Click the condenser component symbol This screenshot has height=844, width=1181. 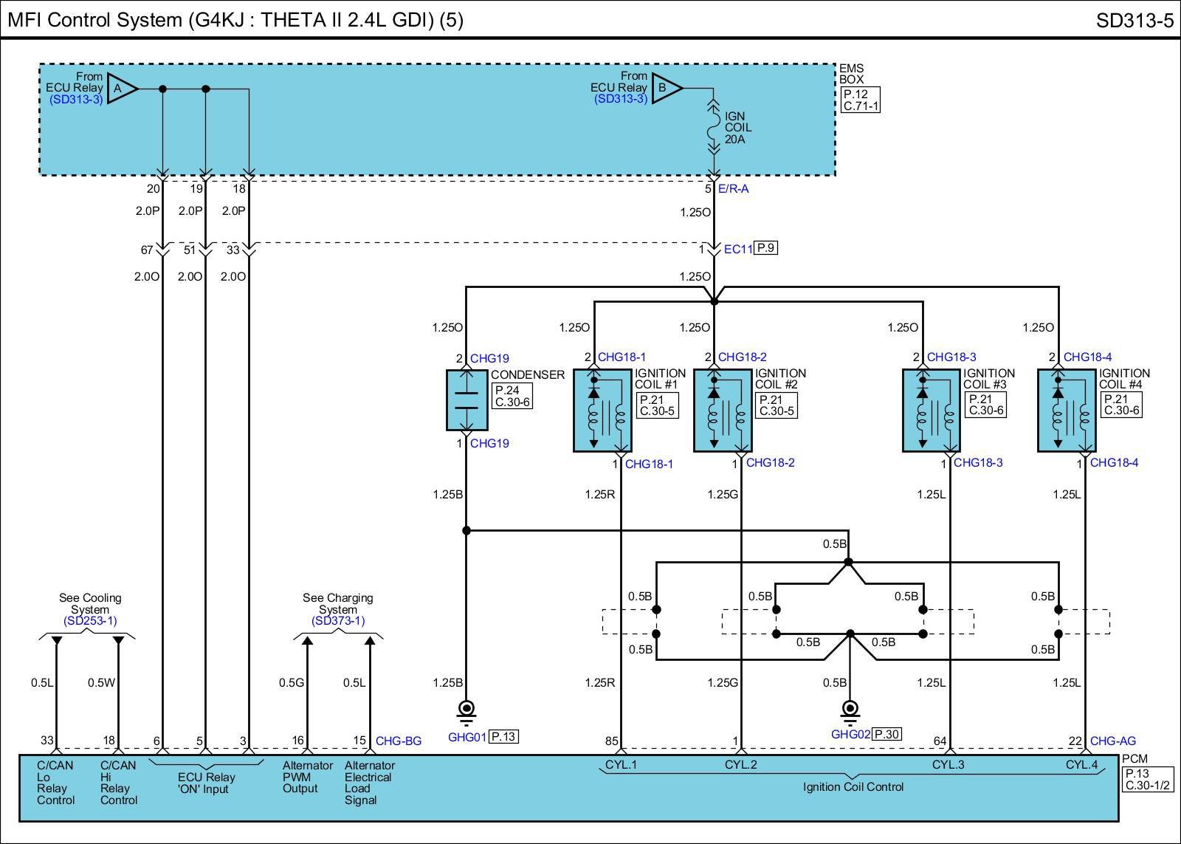click(466, 399)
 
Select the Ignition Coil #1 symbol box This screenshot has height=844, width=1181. click(602, 410)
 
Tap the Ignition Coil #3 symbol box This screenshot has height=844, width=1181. click(932, 410)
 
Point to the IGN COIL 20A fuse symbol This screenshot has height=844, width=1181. click(714, 128)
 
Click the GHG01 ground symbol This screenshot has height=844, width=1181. click(466, 710)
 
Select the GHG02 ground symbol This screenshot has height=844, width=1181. click(850, 710)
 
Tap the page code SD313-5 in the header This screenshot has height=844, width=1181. click(1134, 20)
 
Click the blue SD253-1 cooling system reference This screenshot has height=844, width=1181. click(90, 621)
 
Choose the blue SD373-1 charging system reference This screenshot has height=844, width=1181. click(338, 621)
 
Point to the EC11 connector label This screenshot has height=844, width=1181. click(737, 249)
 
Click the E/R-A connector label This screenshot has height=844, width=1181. click(733, 189)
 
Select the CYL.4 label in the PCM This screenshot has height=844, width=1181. click(1081, 765)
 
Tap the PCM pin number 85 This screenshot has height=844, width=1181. click(611, 741)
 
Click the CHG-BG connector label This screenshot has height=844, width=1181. click(399, 741)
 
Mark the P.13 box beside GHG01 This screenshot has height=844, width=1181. click(503, 736)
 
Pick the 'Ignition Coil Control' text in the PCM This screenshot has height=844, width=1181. click(853, 787)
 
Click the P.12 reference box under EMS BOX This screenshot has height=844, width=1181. click(861, 95)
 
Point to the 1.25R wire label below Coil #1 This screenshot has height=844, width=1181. click(599, 495)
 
